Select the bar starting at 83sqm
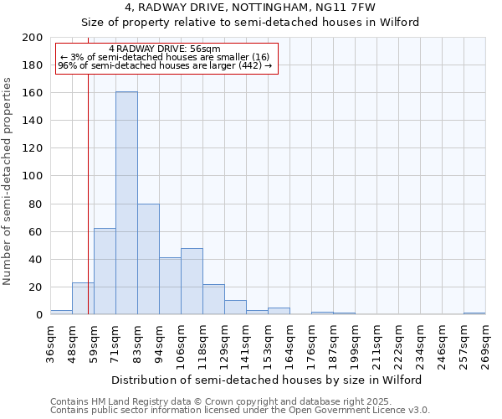148,259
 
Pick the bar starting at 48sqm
83,298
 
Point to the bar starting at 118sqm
213,299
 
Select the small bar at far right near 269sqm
474,313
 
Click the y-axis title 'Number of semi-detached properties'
8,181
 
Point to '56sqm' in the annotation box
206,49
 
